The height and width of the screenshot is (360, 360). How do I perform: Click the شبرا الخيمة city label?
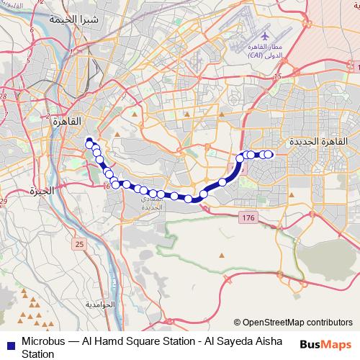coord(51,19)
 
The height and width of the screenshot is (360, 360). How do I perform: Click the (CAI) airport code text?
coord(255,54)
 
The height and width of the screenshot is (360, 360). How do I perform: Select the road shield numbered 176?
coord(249,217)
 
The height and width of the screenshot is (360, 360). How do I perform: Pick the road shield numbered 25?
coord(78,246)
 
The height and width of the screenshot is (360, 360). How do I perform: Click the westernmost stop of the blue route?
coord(89,141)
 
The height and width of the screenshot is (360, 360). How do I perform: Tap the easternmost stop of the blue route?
coord(269,154)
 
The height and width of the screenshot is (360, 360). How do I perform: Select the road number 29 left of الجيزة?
coord(4,201)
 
